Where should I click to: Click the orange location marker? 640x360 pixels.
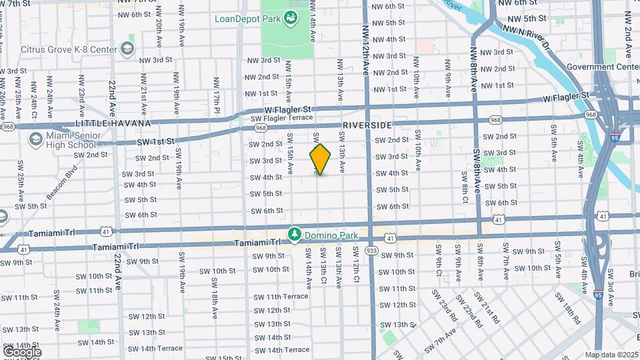pos(320,159)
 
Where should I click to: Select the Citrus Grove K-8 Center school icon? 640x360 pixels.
pos(127,49)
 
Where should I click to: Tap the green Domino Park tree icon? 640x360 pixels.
pos(294,235)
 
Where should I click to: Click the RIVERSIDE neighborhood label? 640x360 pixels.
pos(366,125)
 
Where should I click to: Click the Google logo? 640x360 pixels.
pos(22,351)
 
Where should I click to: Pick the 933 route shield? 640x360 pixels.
pos(371,251)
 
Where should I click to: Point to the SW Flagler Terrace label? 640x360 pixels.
pos(281,118)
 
